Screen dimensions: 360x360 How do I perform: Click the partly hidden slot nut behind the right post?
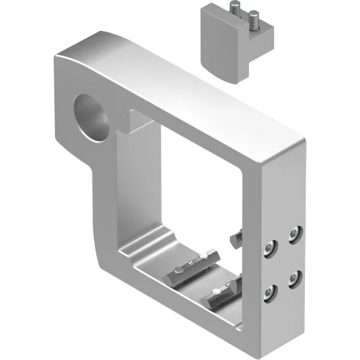click(242, 236)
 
